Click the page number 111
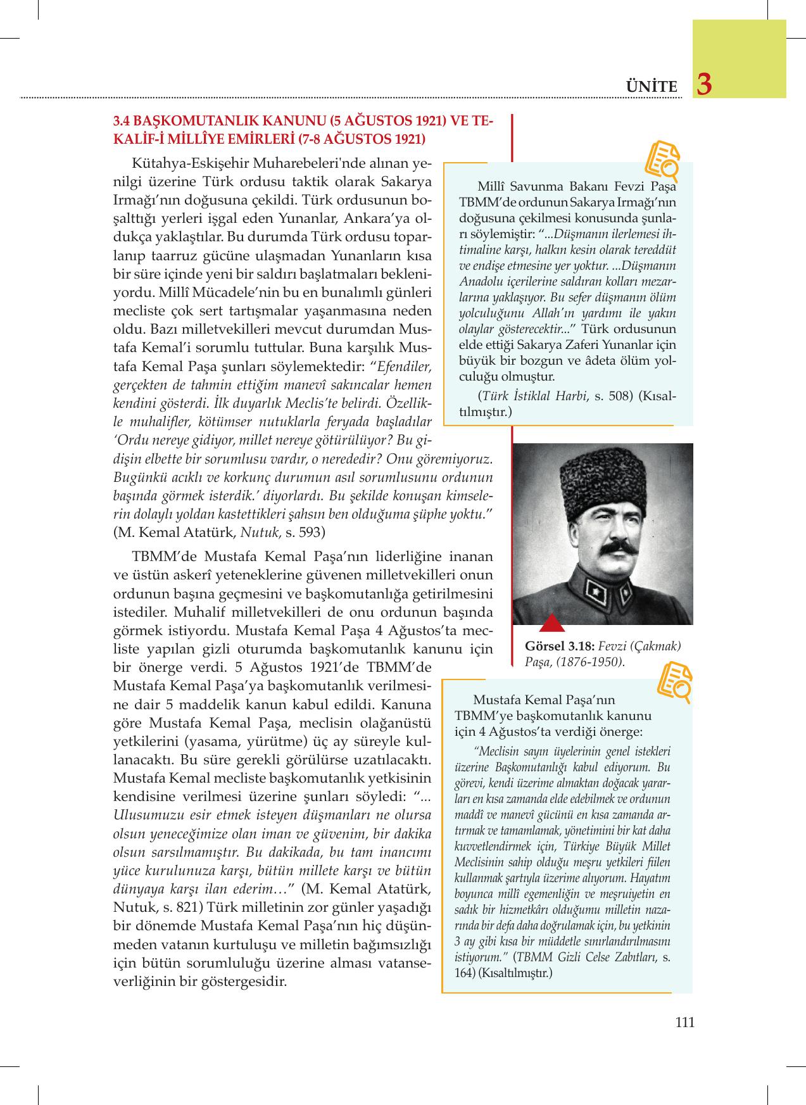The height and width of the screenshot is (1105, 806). coord(684,1021)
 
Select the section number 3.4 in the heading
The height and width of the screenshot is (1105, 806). coord(122,122)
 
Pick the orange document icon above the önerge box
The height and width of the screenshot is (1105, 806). coord(673,682)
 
